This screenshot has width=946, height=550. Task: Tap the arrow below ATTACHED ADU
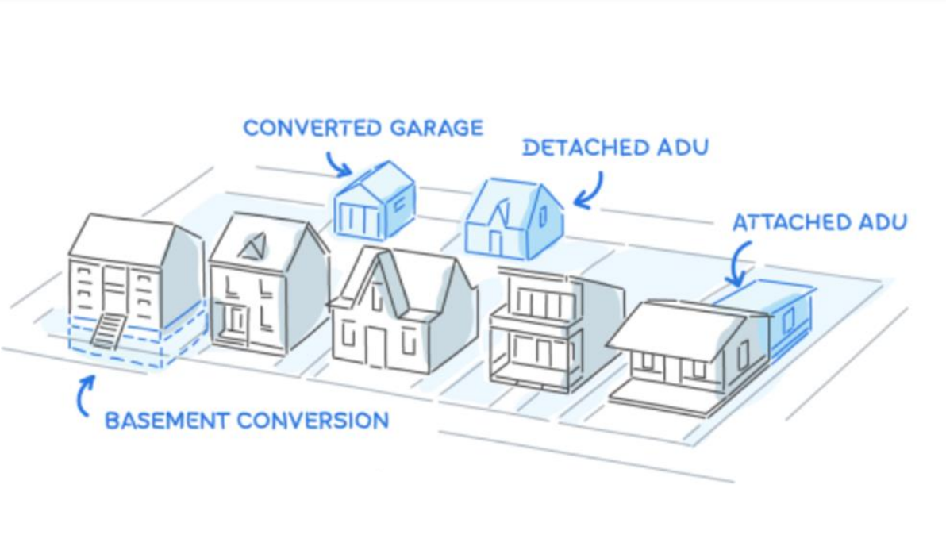click(740, 263)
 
